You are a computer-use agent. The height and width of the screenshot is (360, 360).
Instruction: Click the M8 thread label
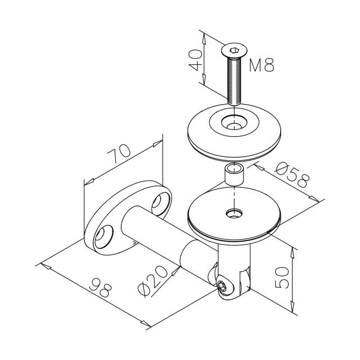coord(262,65)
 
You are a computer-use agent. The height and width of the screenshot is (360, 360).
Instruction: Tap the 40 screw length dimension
coord(195,60)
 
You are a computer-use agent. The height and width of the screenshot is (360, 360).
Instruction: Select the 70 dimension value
coord(119,154)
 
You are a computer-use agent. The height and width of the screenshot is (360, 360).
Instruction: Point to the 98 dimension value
coord(100,287)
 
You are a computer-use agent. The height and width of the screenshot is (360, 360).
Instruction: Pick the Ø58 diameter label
coord(292,174)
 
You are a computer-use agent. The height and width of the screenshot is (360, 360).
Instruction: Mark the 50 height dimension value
coord(282,277)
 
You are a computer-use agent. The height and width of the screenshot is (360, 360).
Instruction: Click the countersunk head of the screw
coord(234,51)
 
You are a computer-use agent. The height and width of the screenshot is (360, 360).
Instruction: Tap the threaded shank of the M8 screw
coord(234,80)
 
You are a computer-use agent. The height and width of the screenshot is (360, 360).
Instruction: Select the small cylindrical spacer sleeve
coord(234,174)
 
